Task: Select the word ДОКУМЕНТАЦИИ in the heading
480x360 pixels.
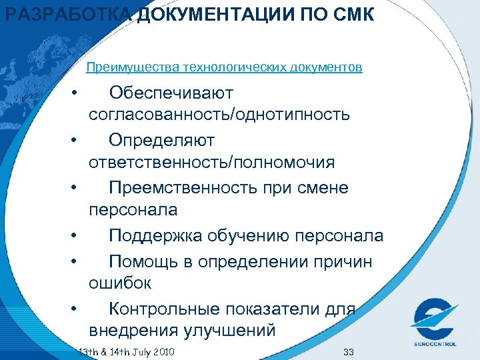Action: point(204,14)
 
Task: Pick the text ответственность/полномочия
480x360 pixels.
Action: point(211,163)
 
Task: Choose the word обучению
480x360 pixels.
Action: point(260,236)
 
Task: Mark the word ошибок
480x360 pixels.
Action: point(120,283)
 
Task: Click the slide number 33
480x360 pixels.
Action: point(347,351)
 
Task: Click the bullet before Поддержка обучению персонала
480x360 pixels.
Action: point(78,236)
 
